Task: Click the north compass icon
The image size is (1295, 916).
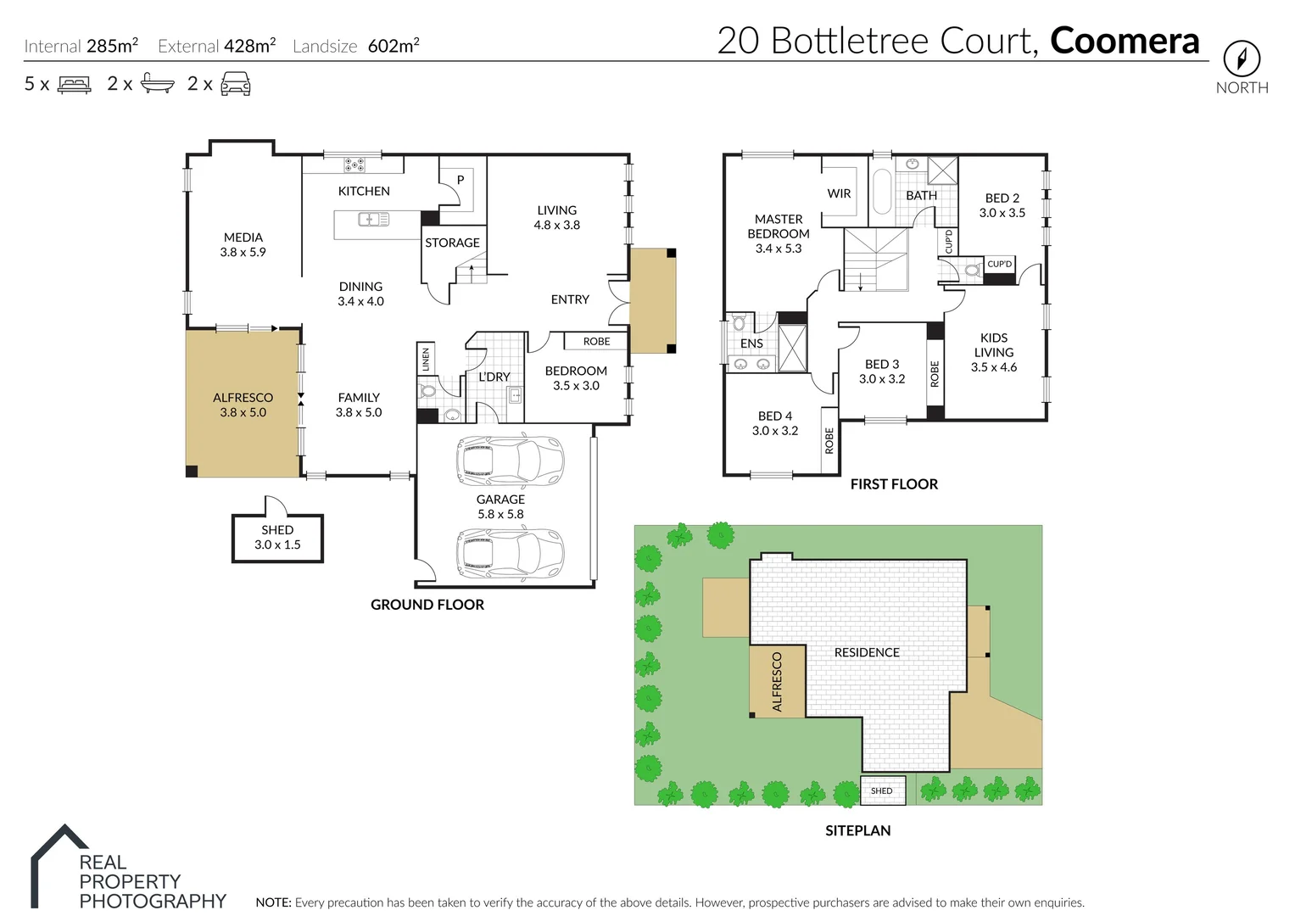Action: point(1241,59)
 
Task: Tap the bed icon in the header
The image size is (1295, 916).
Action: point(74,84)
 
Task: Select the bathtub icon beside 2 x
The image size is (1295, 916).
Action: point(158,83)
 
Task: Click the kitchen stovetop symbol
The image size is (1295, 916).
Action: point(354,165)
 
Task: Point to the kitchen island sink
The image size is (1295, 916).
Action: point(373,220)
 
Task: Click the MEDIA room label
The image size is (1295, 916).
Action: point(243,237)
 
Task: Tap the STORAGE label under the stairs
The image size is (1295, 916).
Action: point(452,243)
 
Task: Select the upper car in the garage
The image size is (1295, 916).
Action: point(509,461)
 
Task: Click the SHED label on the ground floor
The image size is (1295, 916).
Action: point(277,530)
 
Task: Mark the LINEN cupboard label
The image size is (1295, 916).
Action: point(426,359)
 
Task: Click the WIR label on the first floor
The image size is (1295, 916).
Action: point(839,193)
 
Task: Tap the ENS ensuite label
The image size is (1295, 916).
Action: point(751,343)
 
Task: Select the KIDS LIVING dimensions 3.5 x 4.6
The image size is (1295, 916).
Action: point(993,367)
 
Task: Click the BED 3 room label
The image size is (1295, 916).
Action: point(882,364)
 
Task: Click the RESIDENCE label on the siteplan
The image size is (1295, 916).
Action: point(866,652)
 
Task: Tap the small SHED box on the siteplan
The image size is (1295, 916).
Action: point(882,790)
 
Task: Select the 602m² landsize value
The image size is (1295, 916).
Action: point(394,46)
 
